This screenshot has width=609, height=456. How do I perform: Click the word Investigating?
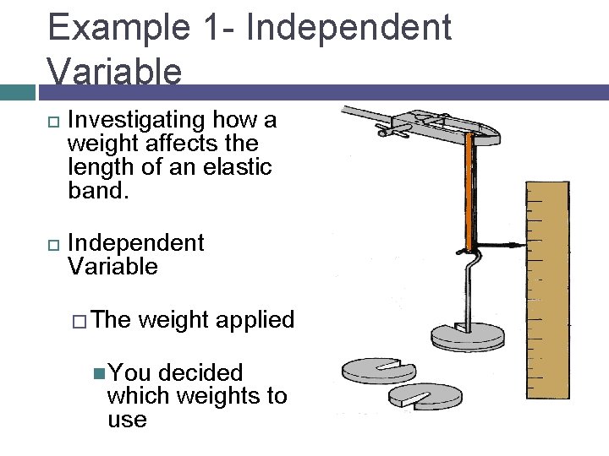[138, 121]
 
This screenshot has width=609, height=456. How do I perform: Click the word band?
[96, 191]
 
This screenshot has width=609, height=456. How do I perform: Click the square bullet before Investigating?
[52, 122]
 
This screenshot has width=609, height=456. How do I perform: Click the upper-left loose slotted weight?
[378, 369]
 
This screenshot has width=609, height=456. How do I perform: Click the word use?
[127, 420]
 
